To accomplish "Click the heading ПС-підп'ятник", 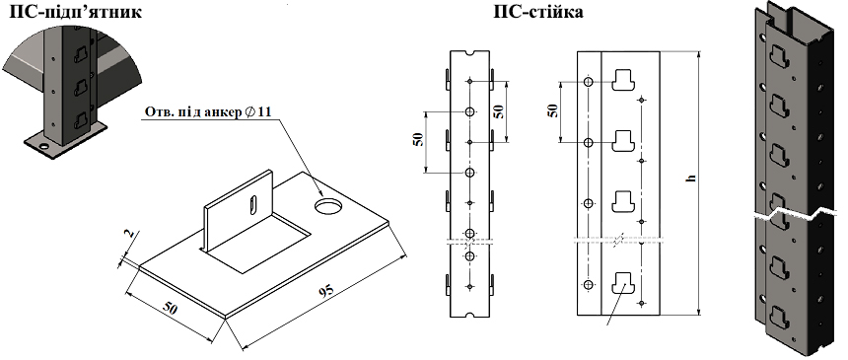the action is coord(76,12).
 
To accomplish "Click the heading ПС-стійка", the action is coord(538,12).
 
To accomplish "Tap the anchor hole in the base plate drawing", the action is coord(329,206).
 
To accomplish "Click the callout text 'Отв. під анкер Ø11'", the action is coord(208,112).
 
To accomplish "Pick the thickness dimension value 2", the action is coord(128,235).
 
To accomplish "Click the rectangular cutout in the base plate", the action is coord(257,242).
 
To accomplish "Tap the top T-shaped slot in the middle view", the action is coord(623,80).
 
